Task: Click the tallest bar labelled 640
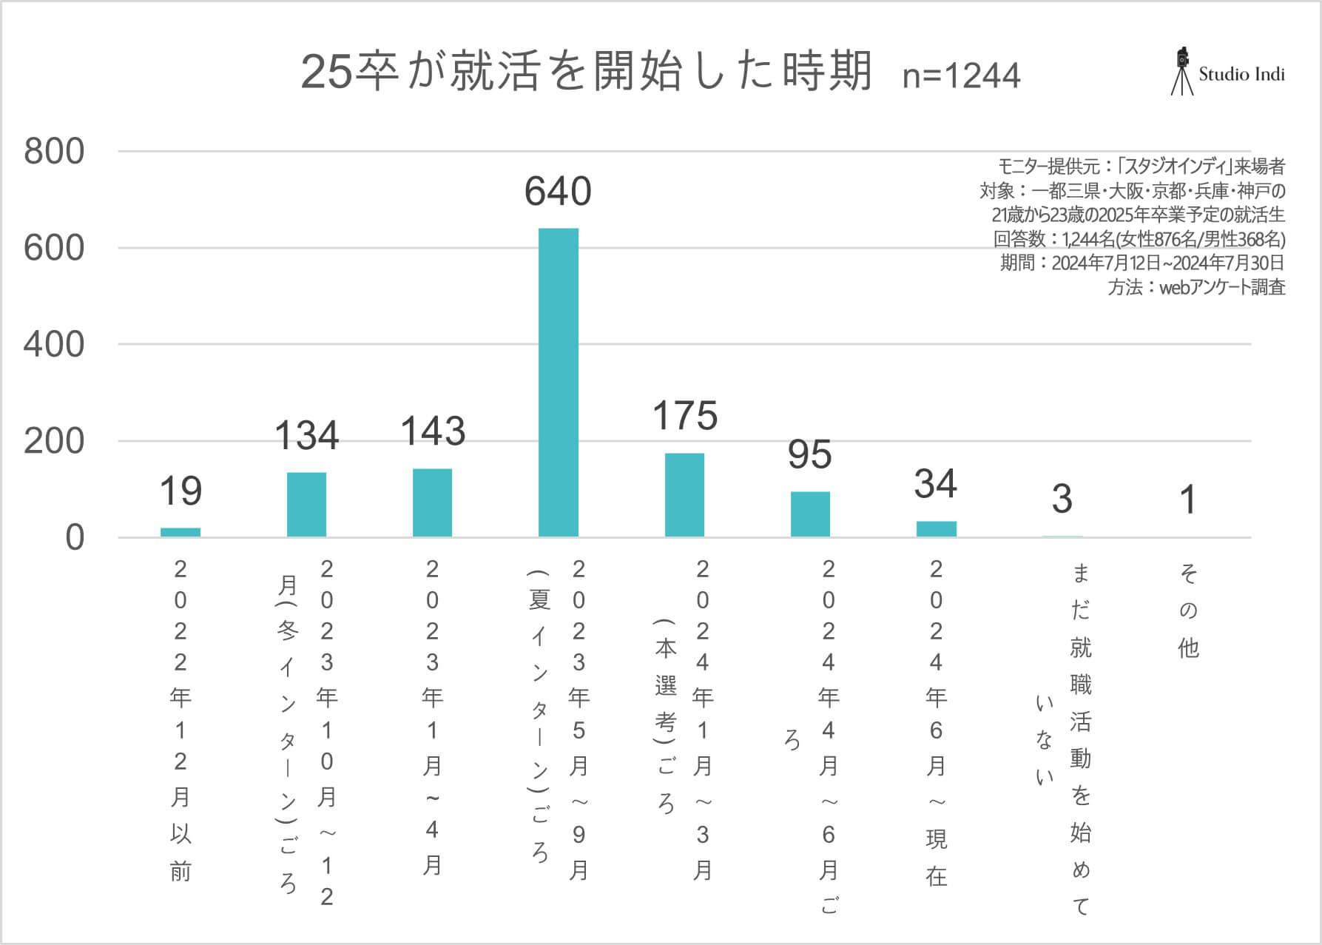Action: click(559, 382)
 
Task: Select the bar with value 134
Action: click(306, 504)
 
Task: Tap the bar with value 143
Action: click(432, 502)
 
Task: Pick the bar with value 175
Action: click(684, 494)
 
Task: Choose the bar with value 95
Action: click(810, 514)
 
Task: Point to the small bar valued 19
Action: click(181, 532)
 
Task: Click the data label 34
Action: click(936, 484)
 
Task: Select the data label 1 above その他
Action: click(1188, 500)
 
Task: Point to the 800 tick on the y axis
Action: click(54, 152)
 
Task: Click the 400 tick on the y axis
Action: click(54, 345)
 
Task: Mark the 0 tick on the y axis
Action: click(74, 538)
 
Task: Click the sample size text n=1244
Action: click(961, 75)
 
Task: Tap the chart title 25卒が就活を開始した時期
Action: click(587, 72)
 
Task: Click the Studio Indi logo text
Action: click(1241, 74)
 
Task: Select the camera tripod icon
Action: click(1182, 71)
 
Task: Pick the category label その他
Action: click(1188, 611)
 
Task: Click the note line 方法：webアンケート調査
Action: click(1196, 287)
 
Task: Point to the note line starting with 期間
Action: click(1142, 263)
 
